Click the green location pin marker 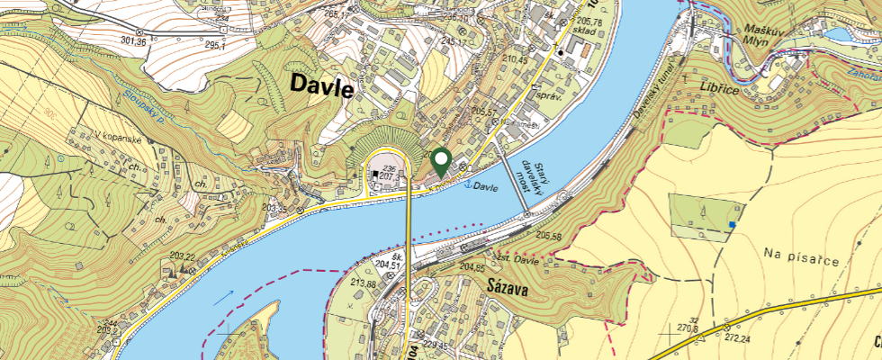point(441,162)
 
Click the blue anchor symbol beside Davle point(466,184)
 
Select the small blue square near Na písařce point(734,222)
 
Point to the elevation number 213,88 point(364,283)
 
